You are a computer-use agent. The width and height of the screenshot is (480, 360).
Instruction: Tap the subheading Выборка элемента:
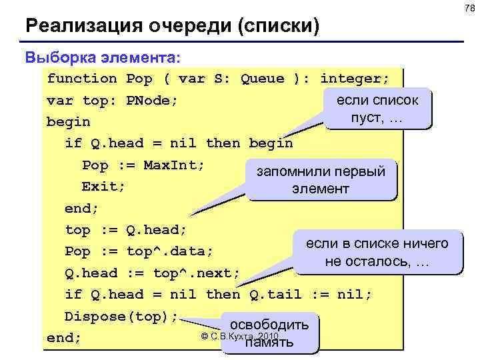(x=103, y=56)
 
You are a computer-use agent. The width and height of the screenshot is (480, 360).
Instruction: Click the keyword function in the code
(x=81, y=79)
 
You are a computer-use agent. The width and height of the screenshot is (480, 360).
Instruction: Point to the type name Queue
(x=262, y=79)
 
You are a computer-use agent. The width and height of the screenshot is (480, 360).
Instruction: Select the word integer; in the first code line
(x=355, y=79)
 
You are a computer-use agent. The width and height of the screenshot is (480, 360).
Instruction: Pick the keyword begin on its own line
(x=68, y=123)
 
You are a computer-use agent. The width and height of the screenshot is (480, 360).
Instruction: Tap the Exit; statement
(x=103, y=186)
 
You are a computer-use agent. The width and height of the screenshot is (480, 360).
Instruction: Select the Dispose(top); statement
(x=121, y=316)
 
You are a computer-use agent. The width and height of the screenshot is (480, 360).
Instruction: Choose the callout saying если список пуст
(x=377, y=109)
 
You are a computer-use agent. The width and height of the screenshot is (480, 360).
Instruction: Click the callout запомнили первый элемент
(x=321, y=179)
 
